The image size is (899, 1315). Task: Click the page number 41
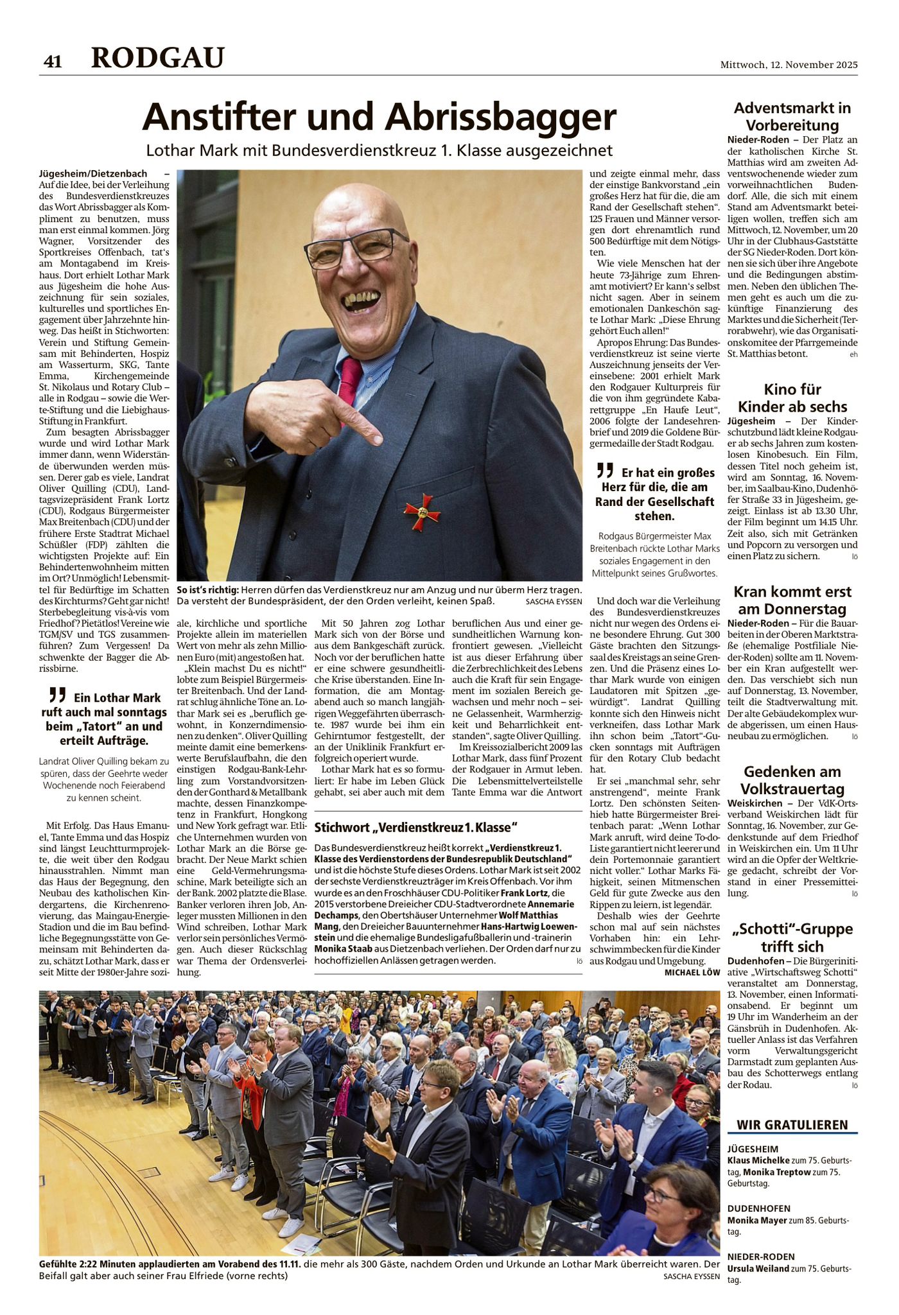(x=52, y=61)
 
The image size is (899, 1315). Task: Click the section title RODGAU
(x=158, y=58)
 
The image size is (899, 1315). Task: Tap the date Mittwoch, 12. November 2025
(x=789, y=65)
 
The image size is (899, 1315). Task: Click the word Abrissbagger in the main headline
(x=501, y=118)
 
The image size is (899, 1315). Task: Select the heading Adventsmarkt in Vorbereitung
(x=792, y=116)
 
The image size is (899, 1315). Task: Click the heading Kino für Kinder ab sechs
(x=792, y=398)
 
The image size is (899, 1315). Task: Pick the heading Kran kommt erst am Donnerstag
(x=792, y=600)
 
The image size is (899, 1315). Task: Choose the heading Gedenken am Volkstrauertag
(x=792, y=780)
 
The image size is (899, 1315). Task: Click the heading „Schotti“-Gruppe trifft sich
(x=792, y=937)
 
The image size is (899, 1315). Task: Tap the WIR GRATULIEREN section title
(x=792, y=1124)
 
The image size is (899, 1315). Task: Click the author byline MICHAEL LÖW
(x=692, y=973)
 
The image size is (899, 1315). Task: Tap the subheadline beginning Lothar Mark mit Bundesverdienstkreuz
(x=379, y=151)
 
